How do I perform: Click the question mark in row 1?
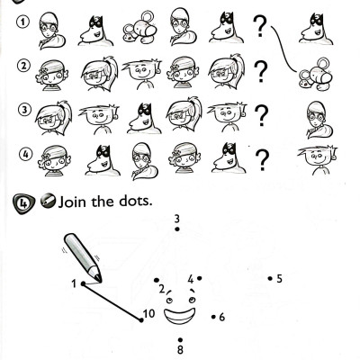pos(260,27)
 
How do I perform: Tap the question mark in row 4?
pos(263,160)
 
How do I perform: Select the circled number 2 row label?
pos(24,66)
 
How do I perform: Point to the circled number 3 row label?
pos(25,110)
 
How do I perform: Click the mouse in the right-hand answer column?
pos(315,74)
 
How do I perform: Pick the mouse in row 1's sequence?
pos(139,26)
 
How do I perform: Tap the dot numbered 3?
pos(177,229)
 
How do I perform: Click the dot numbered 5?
pos(270,279)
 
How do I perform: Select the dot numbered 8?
pos(180,340)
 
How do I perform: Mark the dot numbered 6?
pos(213,317)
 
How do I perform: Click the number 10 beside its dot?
pos(149,314)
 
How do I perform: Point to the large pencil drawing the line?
pos(83,258)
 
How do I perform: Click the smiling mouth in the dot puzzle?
pos(179,316)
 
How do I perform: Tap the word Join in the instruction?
pos(73,202)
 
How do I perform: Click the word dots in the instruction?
pos(136,201)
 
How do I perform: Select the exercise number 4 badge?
pos(23,204)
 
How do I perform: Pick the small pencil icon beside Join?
pos(48,200)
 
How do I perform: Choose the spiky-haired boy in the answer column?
pos(318,159)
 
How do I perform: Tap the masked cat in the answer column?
pos(316,29)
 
